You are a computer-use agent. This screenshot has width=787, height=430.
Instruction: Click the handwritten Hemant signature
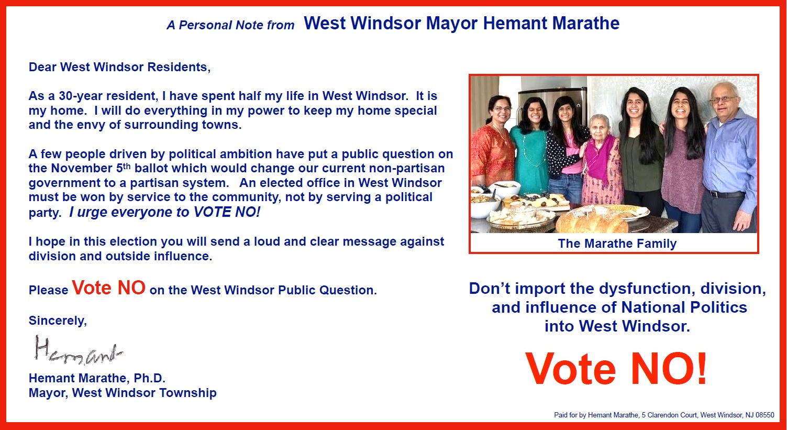click(x=79, y=349)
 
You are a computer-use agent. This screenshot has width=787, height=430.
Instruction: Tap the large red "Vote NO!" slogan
click(x=616, y=369)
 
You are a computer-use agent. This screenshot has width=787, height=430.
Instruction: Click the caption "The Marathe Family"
click(x=617, y=244)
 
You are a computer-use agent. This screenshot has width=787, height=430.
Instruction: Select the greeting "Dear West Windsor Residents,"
click(x=119, y=67)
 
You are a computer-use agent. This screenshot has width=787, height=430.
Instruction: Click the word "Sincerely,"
click(x=58, y=321)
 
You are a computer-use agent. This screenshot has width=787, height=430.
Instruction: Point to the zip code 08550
click(x=765, y=415)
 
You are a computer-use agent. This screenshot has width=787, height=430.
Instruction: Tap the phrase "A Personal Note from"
click(x=230, y=25)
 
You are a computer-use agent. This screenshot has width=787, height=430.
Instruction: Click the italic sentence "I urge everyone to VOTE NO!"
click(x=165, y=212)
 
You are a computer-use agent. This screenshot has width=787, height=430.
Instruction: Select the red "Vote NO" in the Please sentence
click(x=108, y=288)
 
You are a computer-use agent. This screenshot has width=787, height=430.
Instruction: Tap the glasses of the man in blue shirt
click(x=723, y=99)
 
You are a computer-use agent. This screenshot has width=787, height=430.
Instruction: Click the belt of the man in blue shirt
click(x=727, y=194)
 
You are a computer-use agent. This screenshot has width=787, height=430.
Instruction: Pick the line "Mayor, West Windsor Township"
click(x=123, y=393)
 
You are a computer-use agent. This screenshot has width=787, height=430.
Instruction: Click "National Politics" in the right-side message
click(x=684, y=307)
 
